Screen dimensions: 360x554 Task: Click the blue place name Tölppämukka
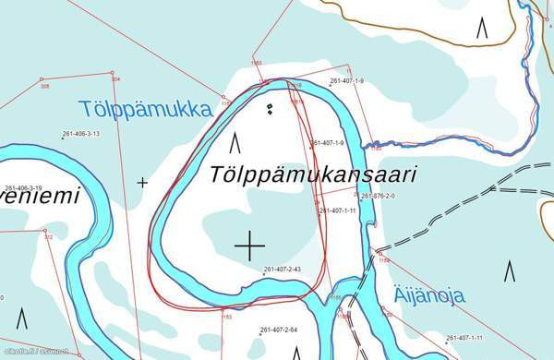tap(145, 110)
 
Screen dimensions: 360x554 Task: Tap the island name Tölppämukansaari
tap(314, 174)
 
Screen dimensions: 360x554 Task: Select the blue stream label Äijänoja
tap(429, 296)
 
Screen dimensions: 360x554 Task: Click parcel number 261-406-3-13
tap(80, 134)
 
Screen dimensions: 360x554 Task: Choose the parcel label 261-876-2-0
tap(378, 197)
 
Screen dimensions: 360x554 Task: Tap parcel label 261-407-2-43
tap(283, 270)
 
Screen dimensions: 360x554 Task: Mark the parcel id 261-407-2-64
tap(279, 330)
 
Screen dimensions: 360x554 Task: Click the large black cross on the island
tap(249, 246)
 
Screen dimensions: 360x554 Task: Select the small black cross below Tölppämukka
tap(142, 183)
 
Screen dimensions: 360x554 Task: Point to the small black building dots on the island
tap(270, 110)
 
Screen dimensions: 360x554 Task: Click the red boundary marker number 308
tap(44, 87)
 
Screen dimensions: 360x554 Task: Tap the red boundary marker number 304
tap(115, 79)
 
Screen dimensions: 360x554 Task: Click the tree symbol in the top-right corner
tap(482, 29)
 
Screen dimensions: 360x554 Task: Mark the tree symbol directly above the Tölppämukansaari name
tap(235, 142)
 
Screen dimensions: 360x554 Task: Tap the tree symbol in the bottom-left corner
tap(21, 318)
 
